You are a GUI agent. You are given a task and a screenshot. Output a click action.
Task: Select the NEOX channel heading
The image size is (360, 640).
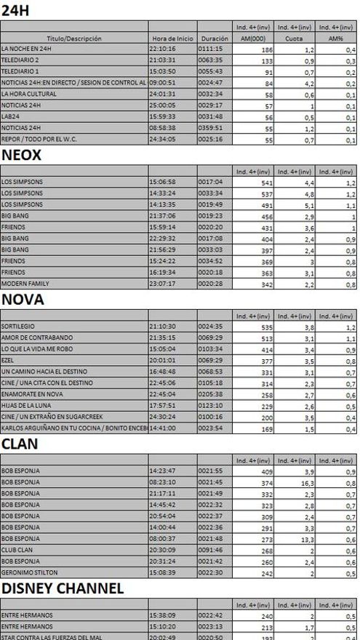(x=21, y=156)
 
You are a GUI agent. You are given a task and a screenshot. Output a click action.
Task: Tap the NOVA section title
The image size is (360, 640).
(x=23, y=300)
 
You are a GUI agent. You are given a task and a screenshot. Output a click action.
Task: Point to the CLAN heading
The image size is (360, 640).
(x=19, y=444)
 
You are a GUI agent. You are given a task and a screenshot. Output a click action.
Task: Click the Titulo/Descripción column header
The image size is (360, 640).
(x=74, y=38)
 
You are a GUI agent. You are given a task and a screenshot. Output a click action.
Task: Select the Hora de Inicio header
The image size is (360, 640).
(x=172, y=38)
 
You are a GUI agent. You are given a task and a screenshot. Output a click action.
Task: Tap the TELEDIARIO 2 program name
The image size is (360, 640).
(x=20, y=60)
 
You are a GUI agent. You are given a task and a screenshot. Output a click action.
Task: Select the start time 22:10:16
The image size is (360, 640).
(x=162, y=49)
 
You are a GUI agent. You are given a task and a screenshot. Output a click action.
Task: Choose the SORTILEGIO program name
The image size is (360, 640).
(x=18, y=327)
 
